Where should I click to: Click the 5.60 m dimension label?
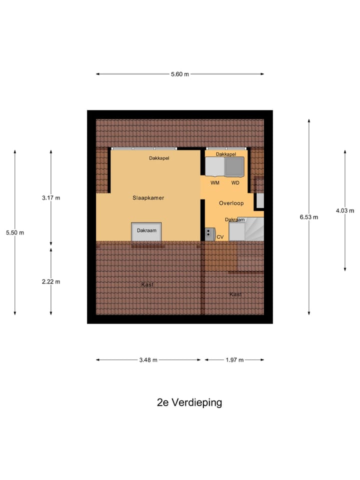pyautogui.click(x=180, y=74)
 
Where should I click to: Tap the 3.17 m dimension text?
pyautogui.click(x=51, y=197)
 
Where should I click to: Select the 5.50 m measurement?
pyautogui.click(x=15, y=232)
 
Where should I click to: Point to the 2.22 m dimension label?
pyautogui.click(x=51, y=281)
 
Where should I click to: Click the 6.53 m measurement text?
pyautogui.click(x=308, y=217)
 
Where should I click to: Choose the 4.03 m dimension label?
pyautogui.click(x=344, y=210)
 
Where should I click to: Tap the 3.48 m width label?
pyautogui.click(x=148, y=360)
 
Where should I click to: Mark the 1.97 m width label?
pyautogui.click(x=234, y=360)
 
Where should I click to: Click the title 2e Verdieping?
pyautogui.click(x=189, y=402)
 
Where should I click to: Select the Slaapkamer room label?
pyautogui.click(x=148, y=198)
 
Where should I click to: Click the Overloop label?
pyautogui.click(x=231, y=203)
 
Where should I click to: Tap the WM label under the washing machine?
pyautogui.click(x=215, y=183)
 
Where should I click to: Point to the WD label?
pyautogui.click(x=235, y=183)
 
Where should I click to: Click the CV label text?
pyautogui.click(x=220, y=237)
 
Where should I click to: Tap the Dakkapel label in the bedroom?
pyautogui.click(x=159, y=158)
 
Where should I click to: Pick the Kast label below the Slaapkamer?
pyautogui.click(x=147, y=284)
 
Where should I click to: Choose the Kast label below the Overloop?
pyautogui.click(x=235, y=294)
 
